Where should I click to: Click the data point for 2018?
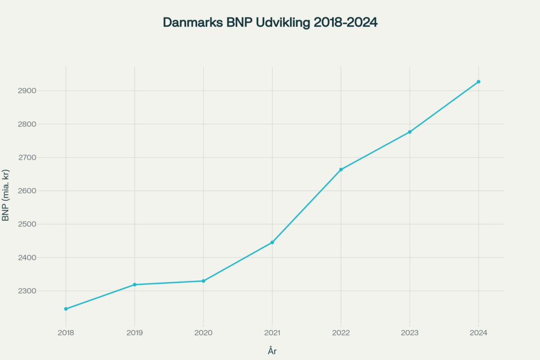point(66,309)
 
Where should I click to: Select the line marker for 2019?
point(134,285)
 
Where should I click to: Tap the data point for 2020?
point(204,281)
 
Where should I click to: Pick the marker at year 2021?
point(272,242)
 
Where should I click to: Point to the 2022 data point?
point(341,170)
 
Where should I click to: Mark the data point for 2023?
point(410,132)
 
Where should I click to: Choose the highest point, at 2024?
point(478,82)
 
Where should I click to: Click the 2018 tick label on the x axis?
point(66,333)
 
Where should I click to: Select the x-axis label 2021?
point(272,333)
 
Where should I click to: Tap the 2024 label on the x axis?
point(478,333)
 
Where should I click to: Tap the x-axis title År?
point(272,351)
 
